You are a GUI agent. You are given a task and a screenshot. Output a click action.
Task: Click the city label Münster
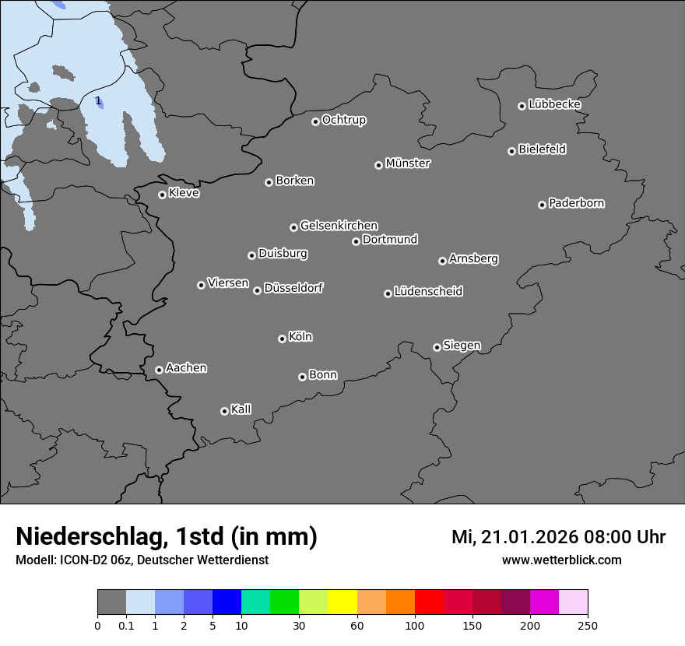tap(408, 163)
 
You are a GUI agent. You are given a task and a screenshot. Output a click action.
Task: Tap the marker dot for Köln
tap(282, 339)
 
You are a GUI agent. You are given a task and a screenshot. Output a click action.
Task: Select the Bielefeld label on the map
tap(542, 149)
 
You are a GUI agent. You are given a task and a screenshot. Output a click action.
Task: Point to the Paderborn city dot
tap(542, 205)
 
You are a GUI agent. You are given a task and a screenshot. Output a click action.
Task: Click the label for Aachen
tap(186, 368)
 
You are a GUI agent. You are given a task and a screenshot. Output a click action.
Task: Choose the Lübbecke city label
tap(554, 104)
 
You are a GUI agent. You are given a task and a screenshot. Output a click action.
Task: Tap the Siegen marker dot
tap(437, 347)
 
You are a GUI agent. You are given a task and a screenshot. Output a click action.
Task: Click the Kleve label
tap(184, 193)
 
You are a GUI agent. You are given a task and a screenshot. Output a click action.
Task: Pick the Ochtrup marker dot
tap(315, 121)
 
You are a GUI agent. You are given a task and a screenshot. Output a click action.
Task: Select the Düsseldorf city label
tap(293, 288)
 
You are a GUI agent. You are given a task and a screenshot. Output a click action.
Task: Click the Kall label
tap(241, 409)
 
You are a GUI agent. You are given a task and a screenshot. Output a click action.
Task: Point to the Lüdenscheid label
tap(428, 292)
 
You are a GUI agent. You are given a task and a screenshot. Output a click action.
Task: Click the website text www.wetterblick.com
tap(561, 560)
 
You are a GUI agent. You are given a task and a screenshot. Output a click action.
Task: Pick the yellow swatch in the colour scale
tap(342, 602)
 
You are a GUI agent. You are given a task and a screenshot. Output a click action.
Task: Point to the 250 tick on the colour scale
tap(588, 625)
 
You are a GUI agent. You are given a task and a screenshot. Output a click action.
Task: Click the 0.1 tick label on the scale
tap(126, 625)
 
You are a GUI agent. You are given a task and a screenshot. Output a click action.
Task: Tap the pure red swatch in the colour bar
tap(429, 602)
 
